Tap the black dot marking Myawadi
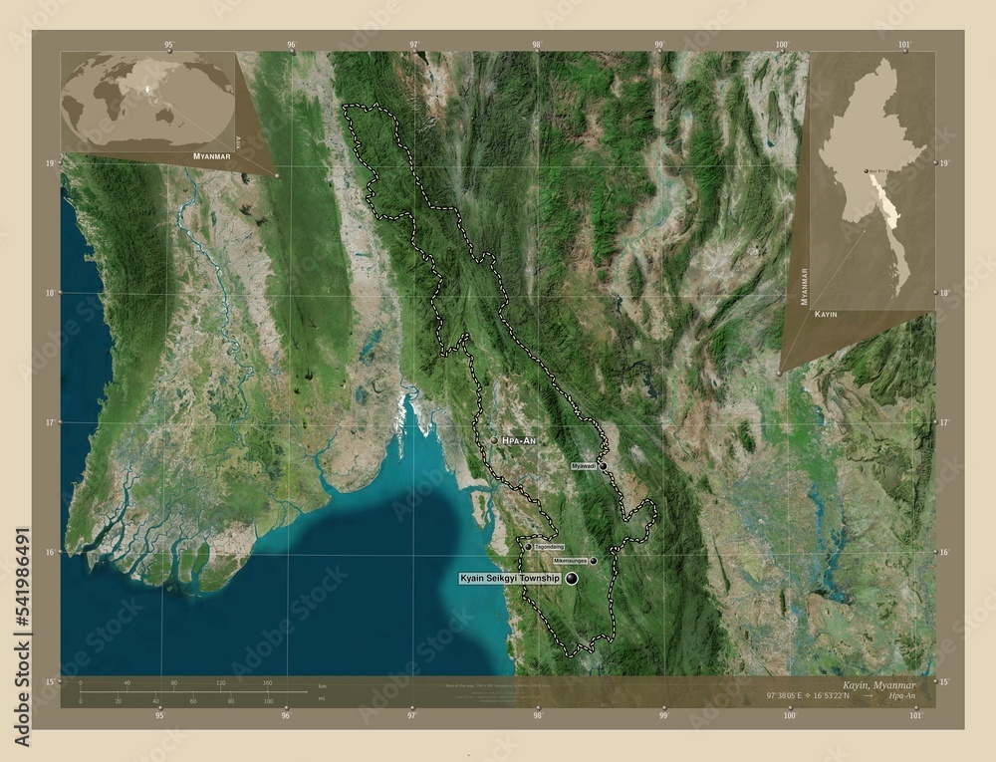[603, 465]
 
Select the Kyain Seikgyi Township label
[510, 578]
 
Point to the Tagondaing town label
[549, 546]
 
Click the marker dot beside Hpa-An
[494, 439]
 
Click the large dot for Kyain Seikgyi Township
[572, 578]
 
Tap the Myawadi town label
[584, 465]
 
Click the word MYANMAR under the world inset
[212, 157]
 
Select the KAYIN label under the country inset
[826, 314]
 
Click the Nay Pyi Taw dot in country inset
[866, 170]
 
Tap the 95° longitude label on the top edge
[169, 45]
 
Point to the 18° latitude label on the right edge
[943, 292]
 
